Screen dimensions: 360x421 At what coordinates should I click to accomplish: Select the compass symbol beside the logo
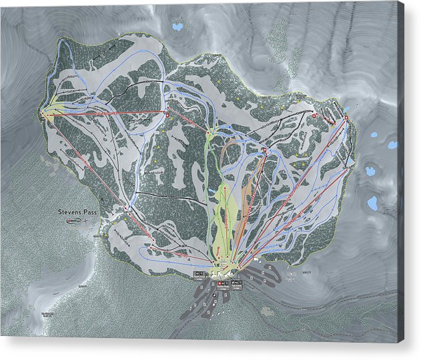pos(87,220)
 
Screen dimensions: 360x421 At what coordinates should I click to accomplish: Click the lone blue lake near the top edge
pos(177,27)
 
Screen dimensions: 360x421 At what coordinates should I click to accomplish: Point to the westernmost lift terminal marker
pos(43,114)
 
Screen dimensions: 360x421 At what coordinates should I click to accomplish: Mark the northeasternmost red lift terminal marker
pos(346,119)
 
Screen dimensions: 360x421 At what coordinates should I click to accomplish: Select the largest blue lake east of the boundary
pos(372,202)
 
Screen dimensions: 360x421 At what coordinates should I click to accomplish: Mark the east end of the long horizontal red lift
pos(166,114)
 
